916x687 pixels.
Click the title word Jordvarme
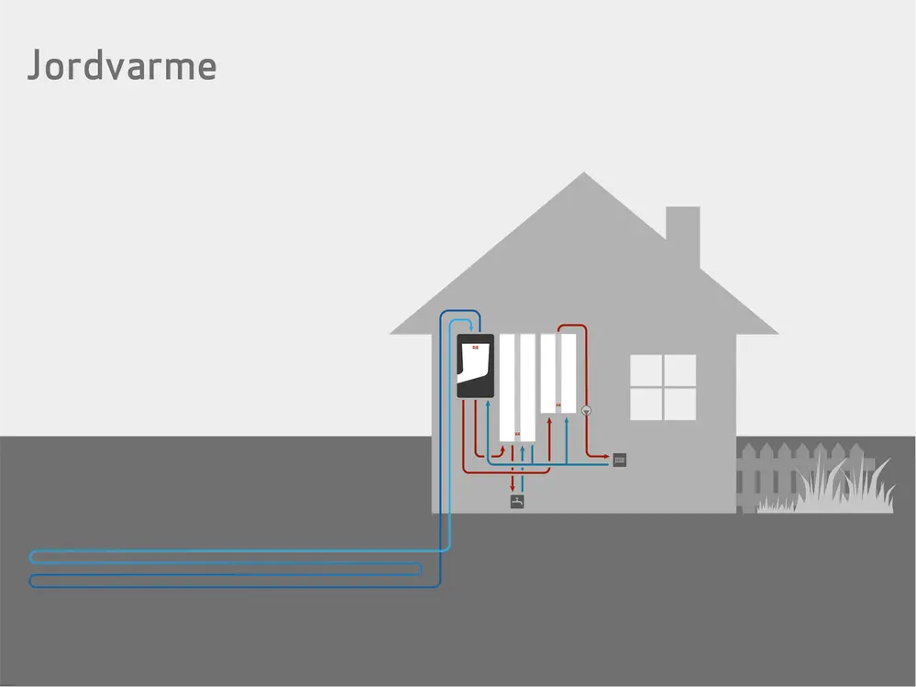tap(121, 66)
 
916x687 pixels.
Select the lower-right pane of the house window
tap(679, 404)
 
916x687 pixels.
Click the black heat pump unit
tap(475, 366)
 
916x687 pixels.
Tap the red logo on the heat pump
tap(475, 347)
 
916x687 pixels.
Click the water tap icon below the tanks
tap(517, 502)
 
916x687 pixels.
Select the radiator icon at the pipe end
tap(620, 460)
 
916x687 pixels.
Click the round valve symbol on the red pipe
tap(587, 411)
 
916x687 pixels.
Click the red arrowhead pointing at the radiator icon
tap(607, 456)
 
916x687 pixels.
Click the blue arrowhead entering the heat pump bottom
tap(487, 404)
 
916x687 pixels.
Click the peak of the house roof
tap(584, 175)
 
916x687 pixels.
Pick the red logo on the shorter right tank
tap(558, 405)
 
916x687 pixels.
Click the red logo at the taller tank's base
tap(518, 434)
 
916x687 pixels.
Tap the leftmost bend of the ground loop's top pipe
tap(33, 557)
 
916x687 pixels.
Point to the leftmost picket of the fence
tap(744, 477)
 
